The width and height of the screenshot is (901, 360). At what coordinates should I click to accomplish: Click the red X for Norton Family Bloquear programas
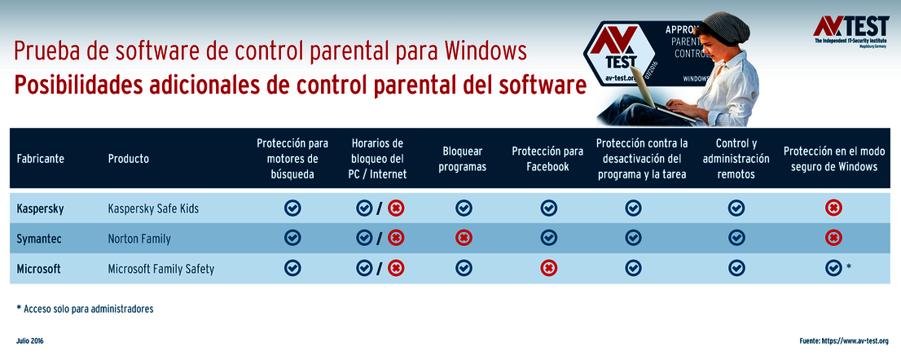point(464,238)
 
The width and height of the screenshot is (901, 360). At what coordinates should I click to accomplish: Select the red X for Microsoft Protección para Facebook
point(549,267)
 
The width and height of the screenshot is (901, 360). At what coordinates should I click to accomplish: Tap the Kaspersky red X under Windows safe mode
point(833,209)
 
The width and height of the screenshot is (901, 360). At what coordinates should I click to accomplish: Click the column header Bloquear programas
point(462,159)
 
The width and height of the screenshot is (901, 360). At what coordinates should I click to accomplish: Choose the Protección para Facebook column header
point(547,159)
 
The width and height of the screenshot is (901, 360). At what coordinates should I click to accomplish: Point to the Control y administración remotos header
point(736,159)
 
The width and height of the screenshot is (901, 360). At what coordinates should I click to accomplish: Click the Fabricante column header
point(40,159)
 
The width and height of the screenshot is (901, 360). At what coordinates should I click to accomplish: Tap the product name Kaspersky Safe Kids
point(153,209)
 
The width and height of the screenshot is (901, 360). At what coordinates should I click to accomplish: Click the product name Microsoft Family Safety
point(160,268)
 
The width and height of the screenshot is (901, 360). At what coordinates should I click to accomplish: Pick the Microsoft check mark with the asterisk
point(833,267)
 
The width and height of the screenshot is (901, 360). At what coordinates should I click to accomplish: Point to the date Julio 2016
point(30,340)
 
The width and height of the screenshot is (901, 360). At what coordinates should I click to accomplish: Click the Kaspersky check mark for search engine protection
point(292,209)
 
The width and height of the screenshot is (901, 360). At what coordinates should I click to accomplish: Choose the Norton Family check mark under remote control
point(736,238)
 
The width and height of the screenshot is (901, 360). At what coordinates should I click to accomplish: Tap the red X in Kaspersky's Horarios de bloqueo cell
point(396,209)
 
